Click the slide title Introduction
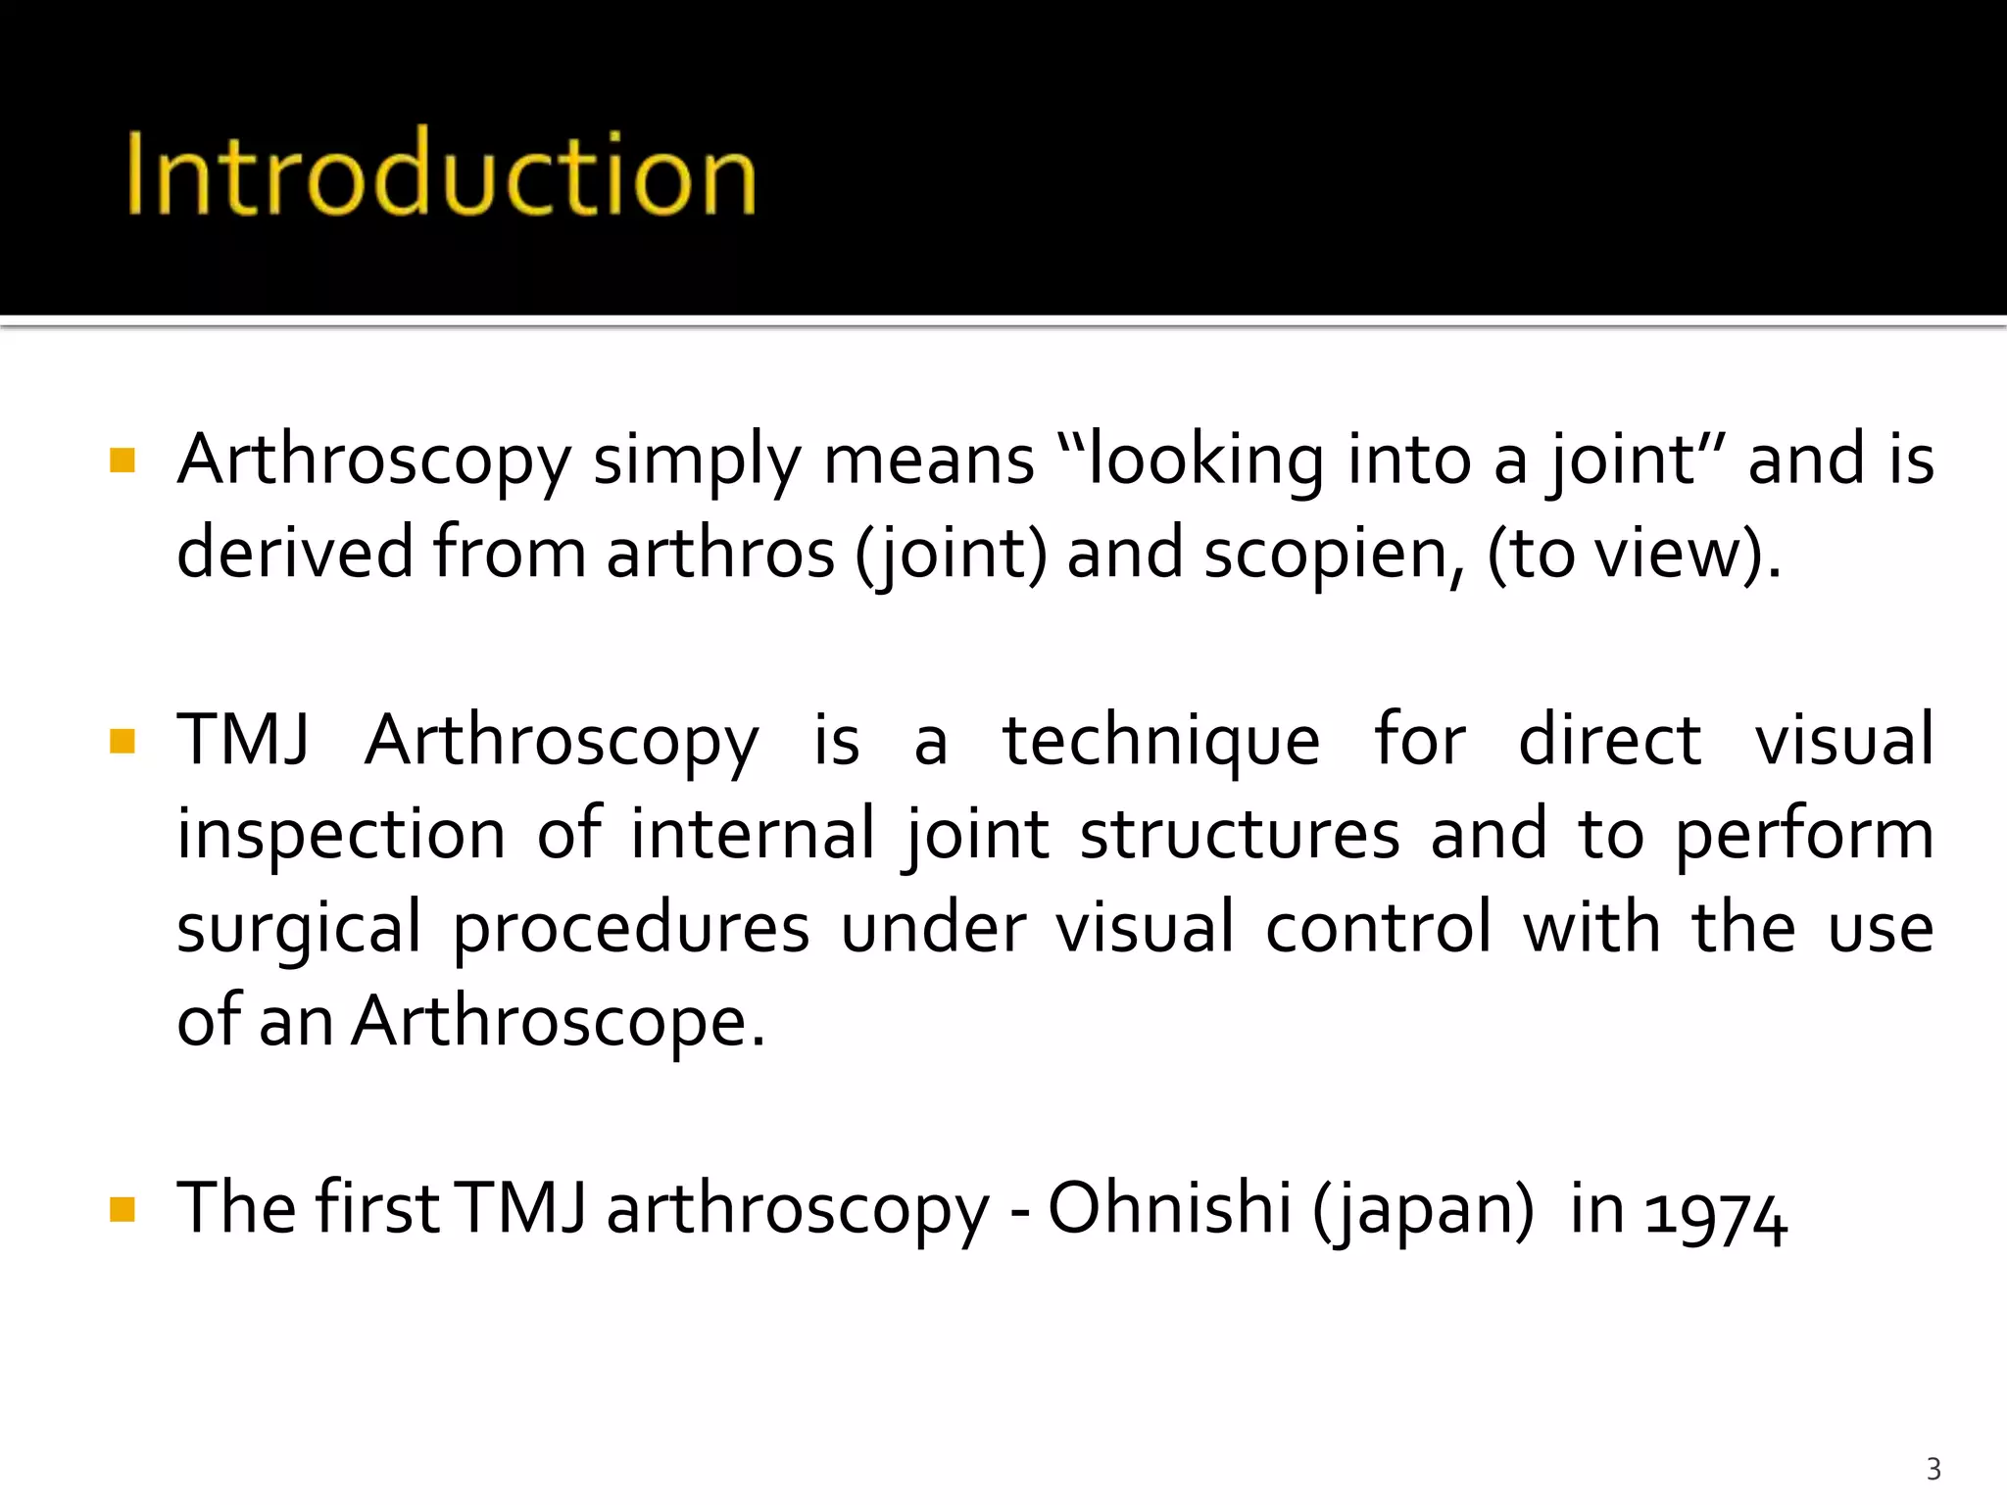pos(441,173)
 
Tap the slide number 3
pos(1933,1469)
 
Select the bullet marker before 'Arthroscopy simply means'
pos(122,460)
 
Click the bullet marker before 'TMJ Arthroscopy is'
pos(122,740)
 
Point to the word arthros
pos(720,553)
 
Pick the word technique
pos(1161,742)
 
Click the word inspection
pos(341,836)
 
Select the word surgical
pos(299,929)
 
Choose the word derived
pos(294,553)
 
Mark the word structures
pos(1240,836)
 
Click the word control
pos(1378,927)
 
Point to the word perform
pos(1804,836)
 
